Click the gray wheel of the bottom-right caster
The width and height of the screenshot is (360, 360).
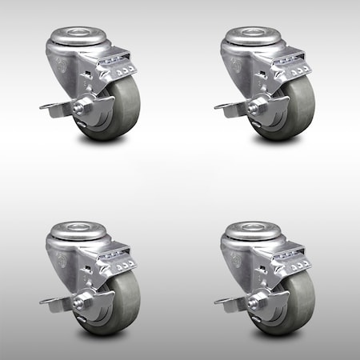coord(284,312)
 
